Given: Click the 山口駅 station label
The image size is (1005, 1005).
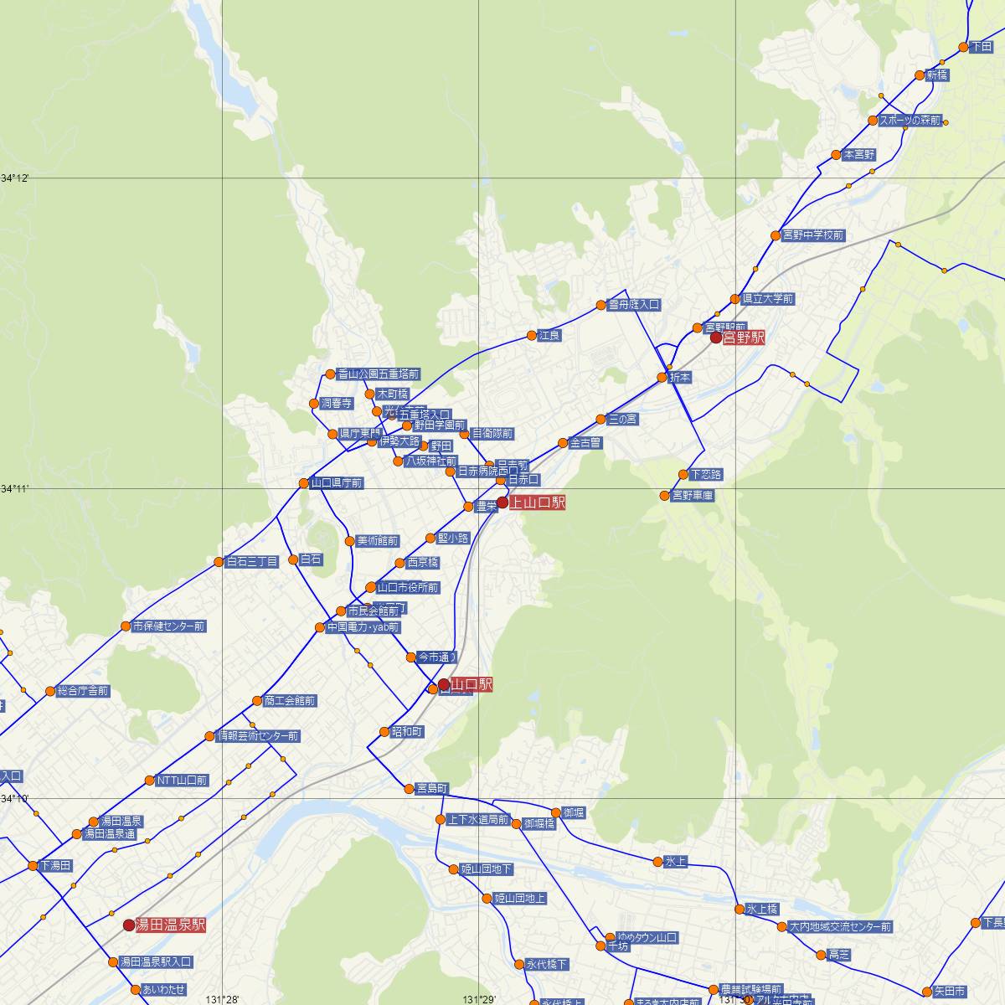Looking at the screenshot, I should coord(472,685).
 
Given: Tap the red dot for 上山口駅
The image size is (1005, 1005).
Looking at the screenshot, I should coord(502,502).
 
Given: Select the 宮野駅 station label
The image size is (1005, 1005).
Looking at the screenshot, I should coord(744,338).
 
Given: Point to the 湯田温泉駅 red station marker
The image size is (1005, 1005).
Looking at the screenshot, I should coord(128,925).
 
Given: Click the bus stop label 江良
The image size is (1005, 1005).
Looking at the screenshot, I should coord(549,336).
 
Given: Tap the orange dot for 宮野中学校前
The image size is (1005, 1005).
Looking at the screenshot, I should coord(775,236).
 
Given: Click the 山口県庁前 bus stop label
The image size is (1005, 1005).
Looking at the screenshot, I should coord(336,483).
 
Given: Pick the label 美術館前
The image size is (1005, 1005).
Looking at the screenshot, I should coord(378,541).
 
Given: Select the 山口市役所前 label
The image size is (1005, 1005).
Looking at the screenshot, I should coord(408,588).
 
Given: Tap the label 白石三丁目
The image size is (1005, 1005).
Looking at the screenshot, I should coord(251,562).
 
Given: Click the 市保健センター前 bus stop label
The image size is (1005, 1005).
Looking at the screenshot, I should coord(168,626).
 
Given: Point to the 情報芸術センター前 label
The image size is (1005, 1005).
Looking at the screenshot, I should coord(257,736).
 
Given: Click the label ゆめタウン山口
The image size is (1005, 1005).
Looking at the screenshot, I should coord(646,937).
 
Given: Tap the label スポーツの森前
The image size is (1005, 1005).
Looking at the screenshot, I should coord(910,121).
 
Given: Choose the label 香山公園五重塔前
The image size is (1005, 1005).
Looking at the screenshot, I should coord(379,374).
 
